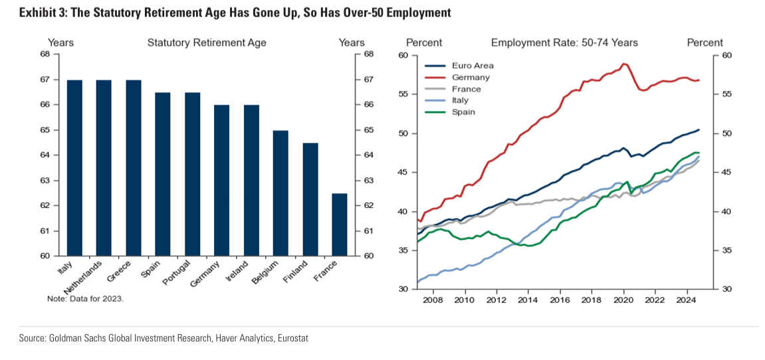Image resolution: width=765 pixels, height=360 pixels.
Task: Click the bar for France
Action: click(x=340, y=225)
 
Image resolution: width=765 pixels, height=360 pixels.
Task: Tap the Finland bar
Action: click(x=310, y=199)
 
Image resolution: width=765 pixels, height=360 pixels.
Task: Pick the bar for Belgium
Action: click(x=281, y=193)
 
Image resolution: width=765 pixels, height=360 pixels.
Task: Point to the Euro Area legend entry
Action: click(x=473, y=66)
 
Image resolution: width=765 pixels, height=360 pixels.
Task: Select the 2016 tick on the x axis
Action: click(x=560, y=300)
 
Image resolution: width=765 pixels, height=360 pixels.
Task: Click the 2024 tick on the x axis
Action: click(x=687, y=300)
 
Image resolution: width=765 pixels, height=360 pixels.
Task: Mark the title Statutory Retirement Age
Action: click(x=207, y=43)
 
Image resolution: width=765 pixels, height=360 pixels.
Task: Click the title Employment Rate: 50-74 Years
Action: click(x=564, y=43)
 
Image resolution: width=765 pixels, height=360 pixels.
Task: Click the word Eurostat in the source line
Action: click(x=293, y=338)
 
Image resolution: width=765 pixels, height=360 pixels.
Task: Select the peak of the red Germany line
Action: click(x=623, y=64)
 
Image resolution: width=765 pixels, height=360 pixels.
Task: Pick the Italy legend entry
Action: click(x=460, y=100)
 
